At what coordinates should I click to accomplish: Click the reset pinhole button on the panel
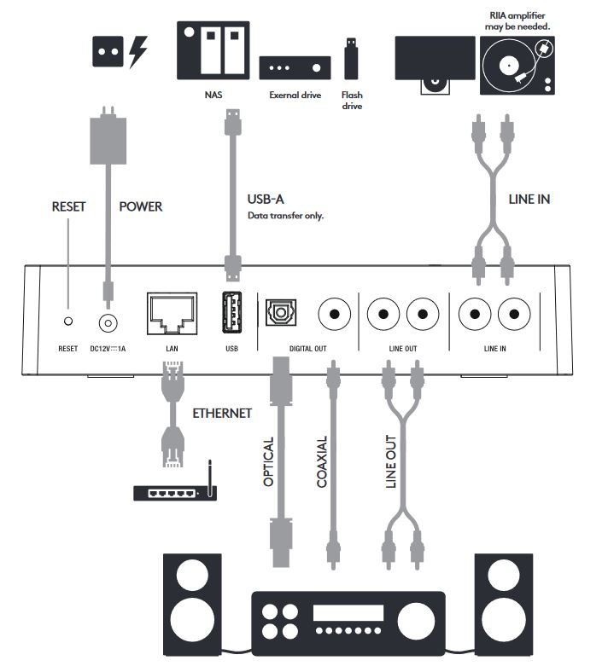(68, 321)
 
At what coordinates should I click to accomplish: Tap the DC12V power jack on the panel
(108, 323)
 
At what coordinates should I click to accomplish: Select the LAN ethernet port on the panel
(172, 313)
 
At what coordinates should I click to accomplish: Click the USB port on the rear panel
(232, 312)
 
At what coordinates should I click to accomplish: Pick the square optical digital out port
(281, 312)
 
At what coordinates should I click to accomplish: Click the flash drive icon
(351, 59)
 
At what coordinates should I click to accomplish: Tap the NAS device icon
(213, 50)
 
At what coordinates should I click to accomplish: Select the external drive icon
(295, 67)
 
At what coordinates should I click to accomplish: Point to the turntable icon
(517, 66)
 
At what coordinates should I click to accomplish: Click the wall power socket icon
(108, 51)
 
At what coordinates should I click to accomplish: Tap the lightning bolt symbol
(138, 51)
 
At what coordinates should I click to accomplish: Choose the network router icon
(175, 490)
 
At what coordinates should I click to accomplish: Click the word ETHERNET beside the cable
(222, 414)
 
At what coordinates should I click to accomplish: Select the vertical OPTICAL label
(268, 461)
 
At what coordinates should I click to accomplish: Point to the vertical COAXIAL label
(322, 461)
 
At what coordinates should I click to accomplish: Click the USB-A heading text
(266, 200)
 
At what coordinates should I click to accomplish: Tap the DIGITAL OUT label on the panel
(308, 349)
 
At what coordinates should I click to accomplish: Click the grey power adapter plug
(108, 136)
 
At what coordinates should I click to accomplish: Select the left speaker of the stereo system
(193, 605)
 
